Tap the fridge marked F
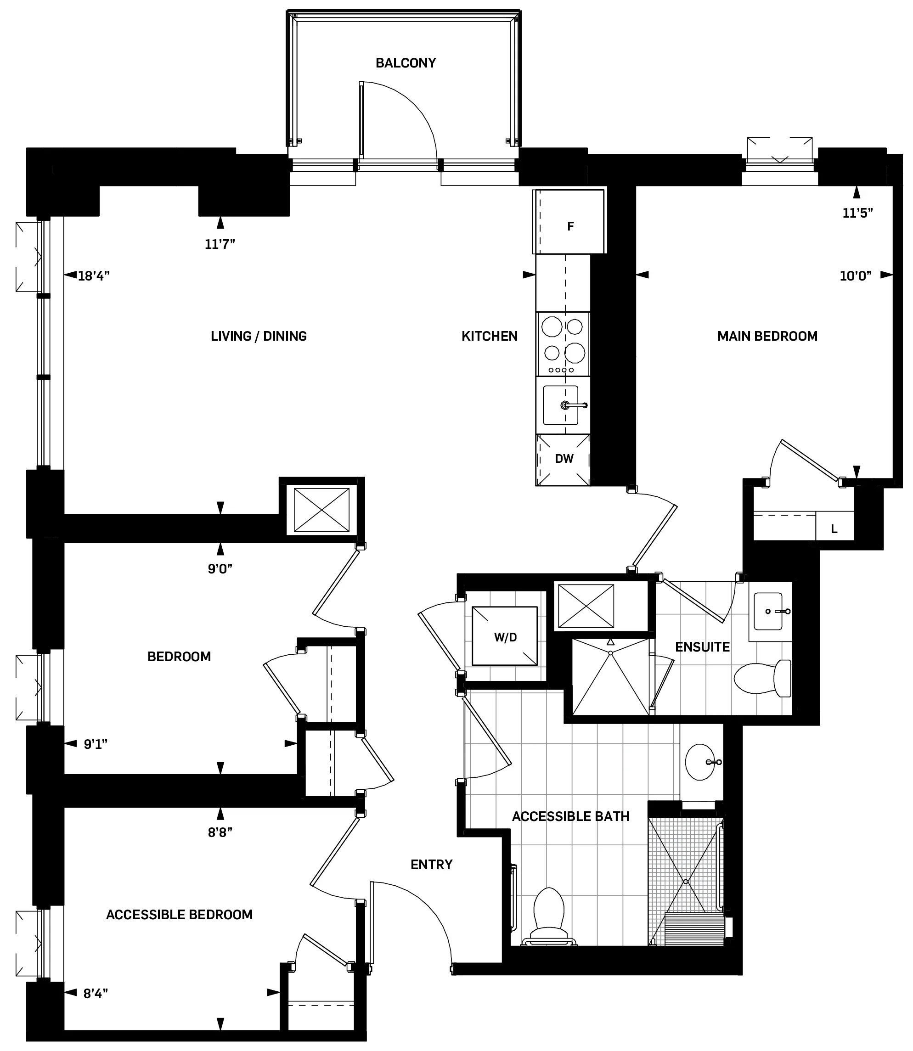pyautogui.click(x=570, y=223)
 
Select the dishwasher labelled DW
pyautogui.click(x=564, y=459)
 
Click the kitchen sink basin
pyautogui.click(x=560, y=405)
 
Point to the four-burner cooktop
pyautogui.click(x=563, y=344)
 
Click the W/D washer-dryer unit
pyautogui.click(x=504, y=636)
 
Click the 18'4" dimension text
pyautogui.click(x=94, y=275)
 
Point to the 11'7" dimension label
pyautogui.click(x=220, y=245)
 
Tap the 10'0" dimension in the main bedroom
pyautogui.click(x=856, y=275)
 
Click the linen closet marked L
pyautogui.click(x=834, y=529)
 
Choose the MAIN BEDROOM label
pyautogui.click(x=767, y=336)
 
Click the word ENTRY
pyautogui.click(x=432, y=864)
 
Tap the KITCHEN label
pyautogui.click(x=489, y=336)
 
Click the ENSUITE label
pyautogui.click(x=702, y=647)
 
